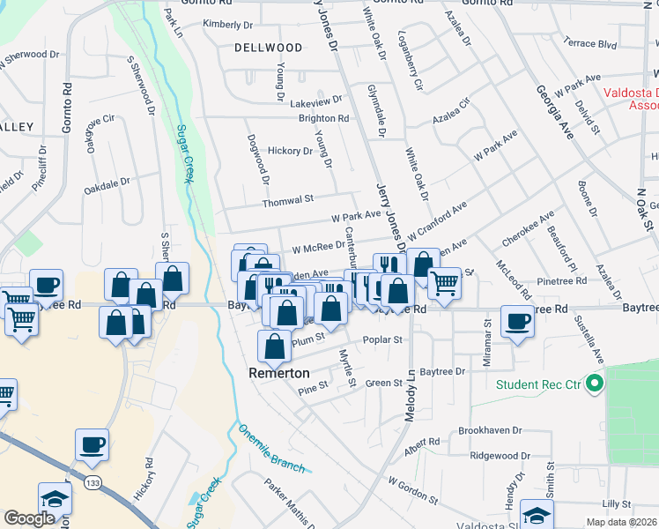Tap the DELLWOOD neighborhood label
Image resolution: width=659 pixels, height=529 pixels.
tap(268, 47)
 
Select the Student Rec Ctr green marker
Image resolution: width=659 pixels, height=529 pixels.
tap(595, 384)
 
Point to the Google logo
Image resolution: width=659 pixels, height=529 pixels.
tap(28, 518)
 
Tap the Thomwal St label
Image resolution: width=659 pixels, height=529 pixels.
tap(287, 201)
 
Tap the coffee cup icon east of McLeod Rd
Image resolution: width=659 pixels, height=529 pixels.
tap(518, 322)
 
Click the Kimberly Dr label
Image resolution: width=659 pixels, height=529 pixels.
tap(227, 24)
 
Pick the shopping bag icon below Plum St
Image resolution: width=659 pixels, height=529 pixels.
tap(274, 346)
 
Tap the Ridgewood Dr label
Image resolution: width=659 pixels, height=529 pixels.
tap(500, 456)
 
